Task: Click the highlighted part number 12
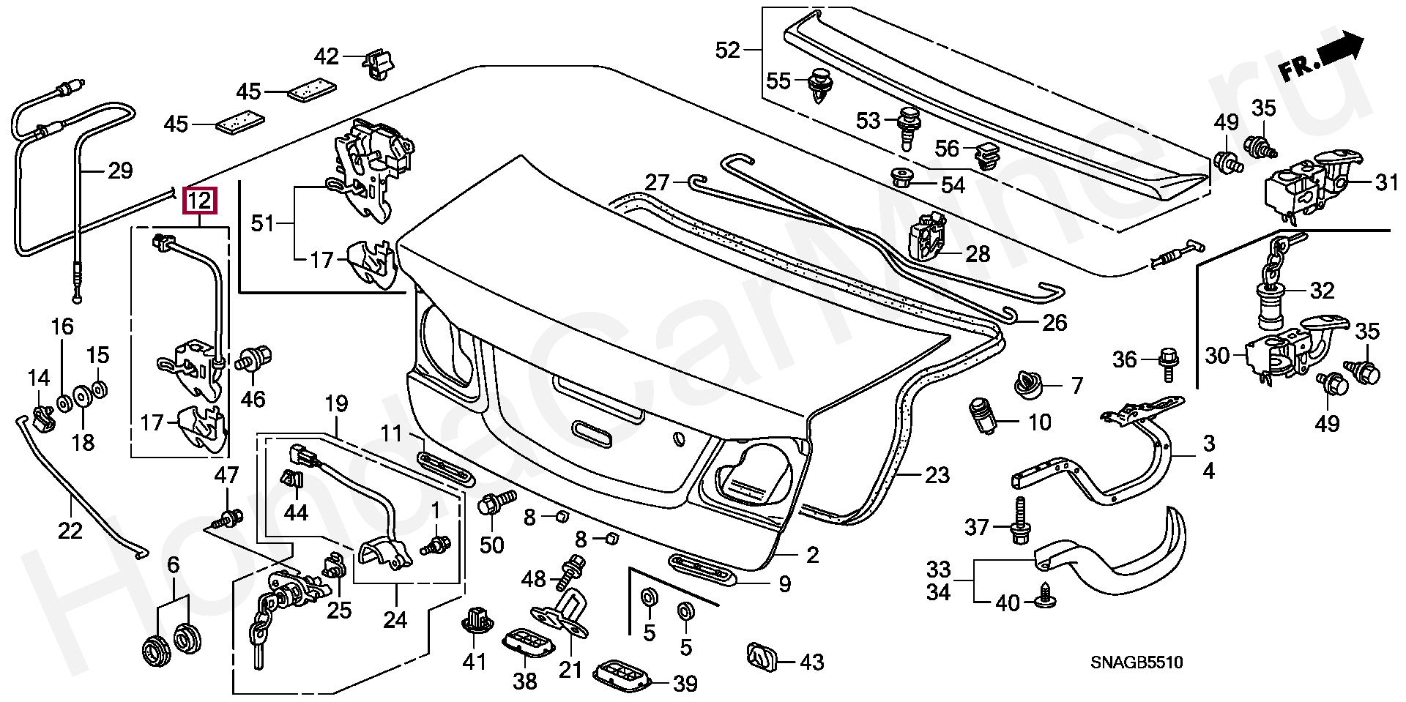point(200,201)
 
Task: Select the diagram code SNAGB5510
point(1137,663)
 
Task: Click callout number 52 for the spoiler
point(728,50)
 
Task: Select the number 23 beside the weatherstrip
point(937,475)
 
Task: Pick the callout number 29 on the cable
point(120,171)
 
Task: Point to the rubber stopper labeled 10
point(983,416)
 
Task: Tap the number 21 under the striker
point(570,668)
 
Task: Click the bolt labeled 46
point(253,360)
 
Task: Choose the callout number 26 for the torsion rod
point(1054,322)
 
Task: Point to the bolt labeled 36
point(1167,364)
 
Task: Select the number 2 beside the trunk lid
point(813,555)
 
